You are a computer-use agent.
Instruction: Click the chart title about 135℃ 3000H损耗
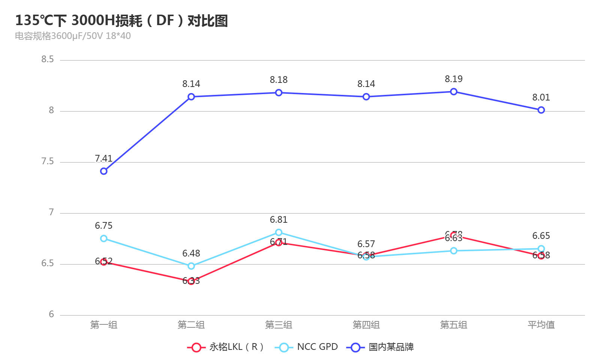pos(121,21)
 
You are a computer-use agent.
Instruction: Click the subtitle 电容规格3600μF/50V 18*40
pos(73,36)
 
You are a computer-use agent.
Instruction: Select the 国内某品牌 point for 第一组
pos(104,171)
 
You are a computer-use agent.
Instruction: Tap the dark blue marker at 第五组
pos(454,92)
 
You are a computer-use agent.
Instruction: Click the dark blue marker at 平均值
pos(541,110)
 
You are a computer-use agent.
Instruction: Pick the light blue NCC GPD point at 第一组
pos(104,238)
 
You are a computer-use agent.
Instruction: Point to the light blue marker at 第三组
pos(279,232)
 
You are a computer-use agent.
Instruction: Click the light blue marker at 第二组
pos(191,266)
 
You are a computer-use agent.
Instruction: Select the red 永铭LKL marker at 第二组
pos(191,281)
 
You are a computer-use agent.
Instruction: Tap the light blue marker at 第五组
pos(454,251)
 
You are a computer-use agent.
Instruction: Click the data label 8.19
pos(454,79)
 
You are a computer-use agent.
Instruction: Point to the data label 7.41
pos(104,159)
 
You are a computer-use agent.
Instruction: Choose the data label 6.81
pos(279,220)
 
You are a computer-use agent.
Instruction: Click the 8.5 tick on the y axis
pos(48,60)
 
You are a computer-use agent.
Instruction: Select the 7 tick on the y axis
pos(51,213)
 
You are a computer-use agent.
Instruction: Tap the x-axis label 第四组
pos(366,325)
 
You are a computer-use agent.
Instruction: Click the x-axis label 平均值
pos(541,325)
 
